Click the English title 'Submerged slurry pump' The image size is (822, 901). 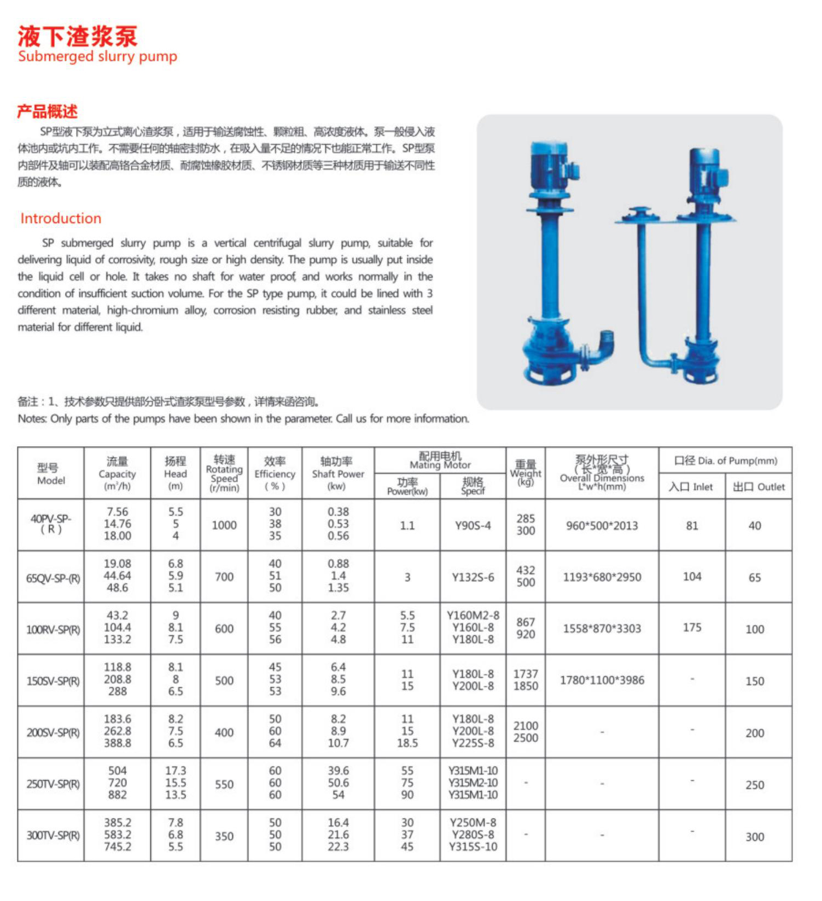pos(97,56)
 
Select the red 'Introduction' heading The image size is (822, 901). pos(61,218)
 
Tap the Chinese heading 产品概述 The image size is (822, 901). pos(47,112)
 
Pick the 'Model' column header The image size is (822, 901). pos(51,473)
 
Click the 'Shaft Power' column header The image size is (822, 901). pos(337,473)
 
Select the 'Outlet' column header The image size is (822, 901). pos(759,487)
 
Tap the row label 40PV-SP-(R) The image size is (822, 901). pos(51,524)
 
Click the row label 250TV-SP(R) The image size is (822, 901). pos(53,784)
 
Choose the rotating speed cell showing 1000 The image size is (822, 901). pos(224,525)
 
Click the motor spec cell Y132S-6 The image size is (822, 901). pos(473,577)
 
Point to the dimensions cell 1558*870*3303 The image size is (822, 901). pos(602,628)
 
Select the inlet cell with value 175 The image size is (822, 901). pos(692,628)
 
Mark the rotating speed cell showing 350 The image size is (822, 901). pos(224,836)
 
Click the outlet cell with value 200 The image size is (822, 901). pos(755,733)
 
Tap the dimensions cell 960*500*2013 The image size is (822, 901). pos(602,525)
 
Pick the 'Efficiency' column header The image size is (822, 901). pos(275,473)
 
